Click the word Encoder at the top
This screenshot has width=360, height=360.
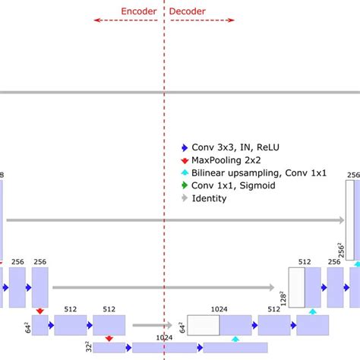click(x=139, y=11)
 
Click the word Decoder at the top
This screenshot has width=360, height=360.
click(x=187, y=11)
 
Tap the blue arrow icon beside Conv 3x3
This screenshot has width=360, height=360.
click(x=183, y=148)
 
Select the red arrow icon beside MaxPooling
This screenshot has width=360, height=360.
click(x=183, y=160)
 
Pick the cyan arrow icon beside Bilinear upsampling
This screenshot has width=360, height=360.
click(x=183, y=173)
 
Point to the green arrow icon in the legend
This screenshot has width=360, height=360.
click(x=183, y=185)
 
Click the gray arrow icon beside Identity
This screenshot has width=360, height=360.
click(x=183, y=198)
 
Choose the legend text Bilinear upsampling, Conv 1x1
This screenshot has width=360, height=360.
click(x=248, y=173)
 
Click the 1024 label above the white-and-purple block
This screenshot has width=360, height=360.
click(x=219, y=309)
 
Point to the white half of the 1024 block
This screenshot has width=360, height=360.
click(x=203, y=325)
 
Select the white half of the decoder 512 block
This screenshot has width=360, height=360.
click(x=296, y=287)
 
